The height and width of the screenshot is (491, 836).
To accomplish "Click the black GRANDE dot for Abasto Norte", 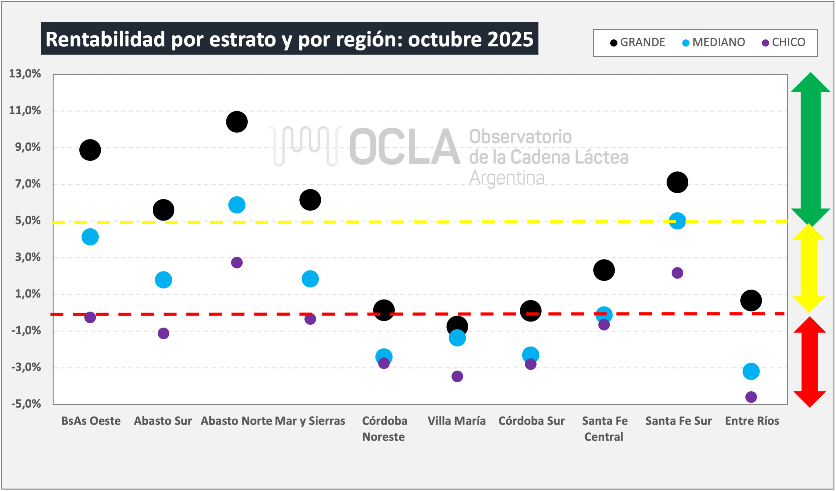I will (x=237, y=122).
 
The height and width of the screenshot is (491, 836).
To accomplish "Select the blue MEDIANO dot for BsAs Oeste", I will (x=90, y=237).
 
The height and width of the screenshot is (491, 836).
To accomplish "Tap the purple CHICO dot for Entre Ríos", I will (x=751, y=397).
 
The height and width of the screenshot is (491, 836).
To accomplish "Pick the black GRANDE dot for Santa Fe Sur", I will (x=677, y=182).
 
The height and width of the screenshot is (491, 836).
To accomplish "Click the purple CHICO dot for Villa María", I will (x=457, y=376).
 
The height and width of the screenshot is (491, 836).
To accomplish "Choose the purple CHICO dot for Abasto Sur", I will (x=163, y=333).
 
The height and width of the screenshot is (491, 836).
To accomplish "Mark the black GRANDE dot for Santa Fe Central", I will (x=604, y=270).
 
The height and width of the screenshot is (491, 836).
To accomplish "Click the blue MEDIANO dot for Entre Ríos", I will (x=751, y=371).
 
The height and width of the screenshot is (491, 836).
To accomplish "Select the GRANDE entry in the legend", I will (x=638, y=42).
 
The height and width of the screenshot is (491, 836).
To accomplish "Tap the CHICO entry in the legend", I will (x=784, y=42).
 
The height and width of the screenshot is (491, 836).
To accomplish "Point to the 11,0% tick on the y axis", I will (x=25, y=110).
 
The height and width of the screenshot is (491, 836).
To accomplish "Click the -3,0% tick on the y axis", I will (x=26, y=367).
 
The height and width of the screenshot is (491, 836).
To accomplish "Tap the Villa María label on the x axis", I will (x=456, y=421).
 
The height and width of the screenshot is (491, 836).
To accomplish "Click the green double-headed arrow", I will (x=811, y=149).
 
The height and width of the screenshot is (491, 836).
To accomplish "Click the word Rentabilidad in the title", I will (x=105, y=39).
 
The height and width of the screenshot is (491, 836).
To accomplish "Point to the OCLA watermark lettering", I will (x=405, y=147).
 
